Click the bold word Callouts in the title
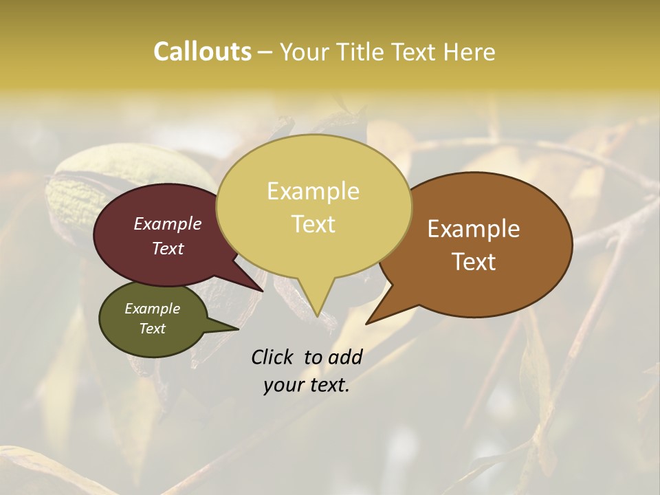(x=202, y=52)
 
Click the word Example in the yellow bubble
(x=313, y=191)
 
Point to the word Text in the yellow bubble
(x=313, y=224)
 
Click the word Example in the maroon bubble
(x=167, y=223)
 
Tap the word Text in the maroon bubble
(x=167, y=248)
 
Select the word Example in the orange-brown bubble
(x=474, y=229)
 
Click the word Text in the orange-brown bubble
(x=474, y=262)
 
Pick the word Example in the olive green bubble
(x=152, y=309)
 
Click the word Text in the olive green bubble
(x=152, y=329)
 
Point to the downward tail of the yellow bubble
(x=316, y=302)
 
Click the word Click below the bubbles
(x=273, y=357)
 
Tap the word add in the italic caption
(x=344, y=357)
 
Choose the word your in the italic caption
(x=283, y=385)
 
